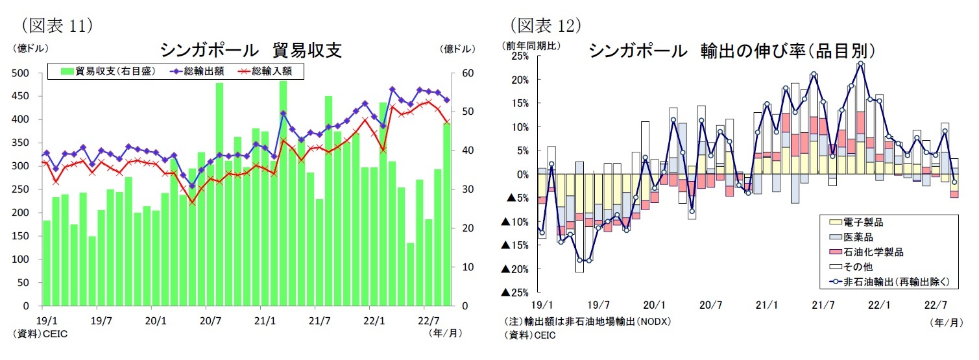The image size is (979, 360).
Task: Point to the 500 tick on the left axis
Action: coord(21,73)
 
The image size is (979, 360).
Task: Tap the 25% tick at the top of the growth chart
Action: coord(520,56)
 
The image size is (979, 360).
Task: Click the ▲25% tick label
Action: coord(515,293)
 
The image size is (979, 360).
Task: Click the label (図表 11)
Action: coord(58,25)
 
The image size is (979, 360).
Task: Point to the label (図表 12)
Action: coord(545,25)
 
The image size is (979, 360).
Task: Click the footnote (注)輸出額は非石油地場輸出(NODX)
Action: coord(587,322)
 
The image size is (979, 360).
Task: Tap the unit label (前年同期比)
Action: coord(532,46)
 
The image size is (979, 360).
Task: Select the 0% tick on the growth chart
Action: coord(523,174)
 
